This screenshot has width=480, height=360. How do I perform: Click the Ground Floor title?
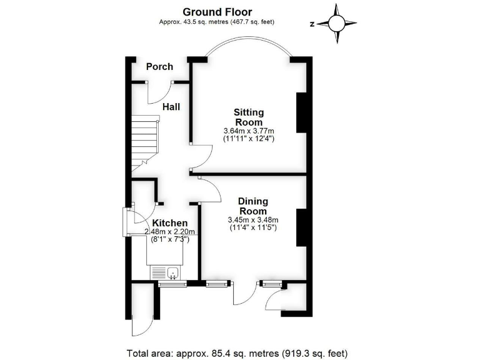tap(217, 11)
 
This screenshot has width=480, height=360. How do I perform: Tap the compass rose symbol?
tap(336, 24)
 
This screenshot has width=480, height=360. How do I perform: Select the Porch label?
tap(159, 67)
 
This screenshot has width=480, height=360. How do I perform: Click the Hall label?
tap(171, 107)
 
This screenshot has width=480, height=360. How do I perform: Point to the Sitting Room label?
tap(249, 117)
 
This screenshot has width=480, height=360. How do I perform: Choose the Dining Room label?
tap(253, 206)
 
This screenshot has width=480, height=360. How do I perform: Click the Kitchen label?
tap(169, 223)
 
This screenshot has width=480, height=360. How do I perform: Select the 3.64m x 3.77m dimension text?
tap(249, 131)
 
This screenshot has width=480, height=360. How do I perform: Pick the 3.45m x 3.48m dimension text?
tap(253, 220)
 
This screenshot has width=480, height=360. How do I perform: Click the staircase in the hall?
tap(145, 142)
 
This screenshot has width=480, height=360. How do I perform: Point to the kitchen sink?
tap(166, 272)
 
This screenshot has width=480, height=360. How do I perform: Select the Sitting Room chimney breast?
tap(301, 113)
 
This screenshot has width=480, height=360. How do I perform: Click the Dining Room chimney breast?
tap(301, 228)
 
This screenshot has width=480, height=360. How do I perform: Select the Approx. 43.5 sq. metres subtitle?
tap(217, 22)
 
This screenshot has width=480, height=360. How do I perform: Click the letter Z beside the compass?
tap(311, 24)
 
